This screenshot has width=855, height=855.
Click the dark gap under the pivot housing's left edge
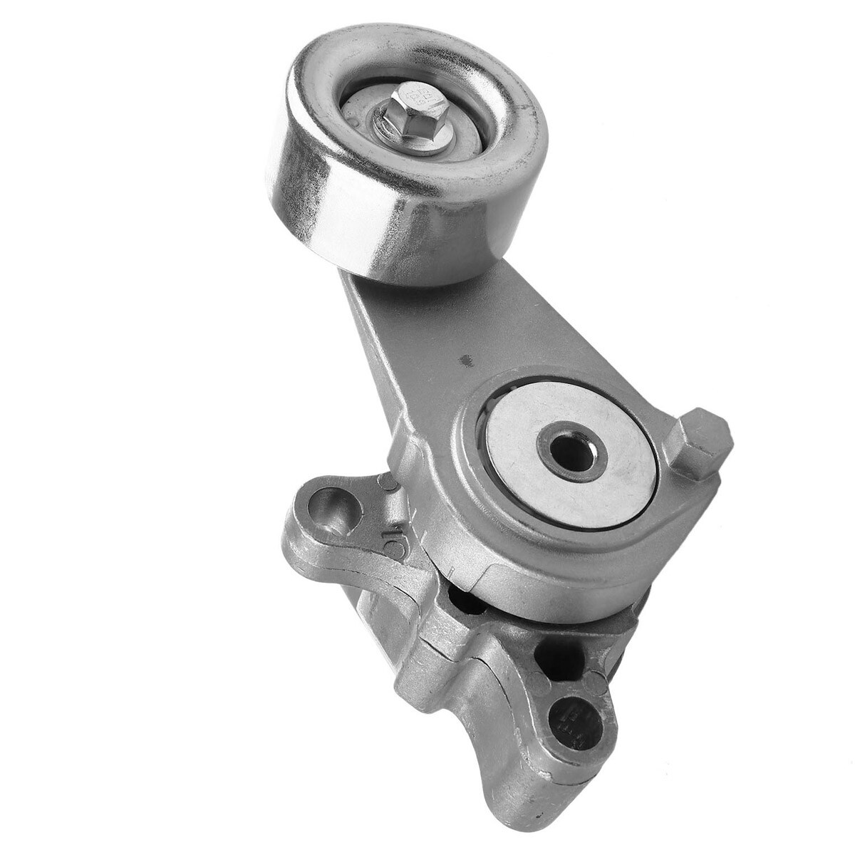pos(467,602)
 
